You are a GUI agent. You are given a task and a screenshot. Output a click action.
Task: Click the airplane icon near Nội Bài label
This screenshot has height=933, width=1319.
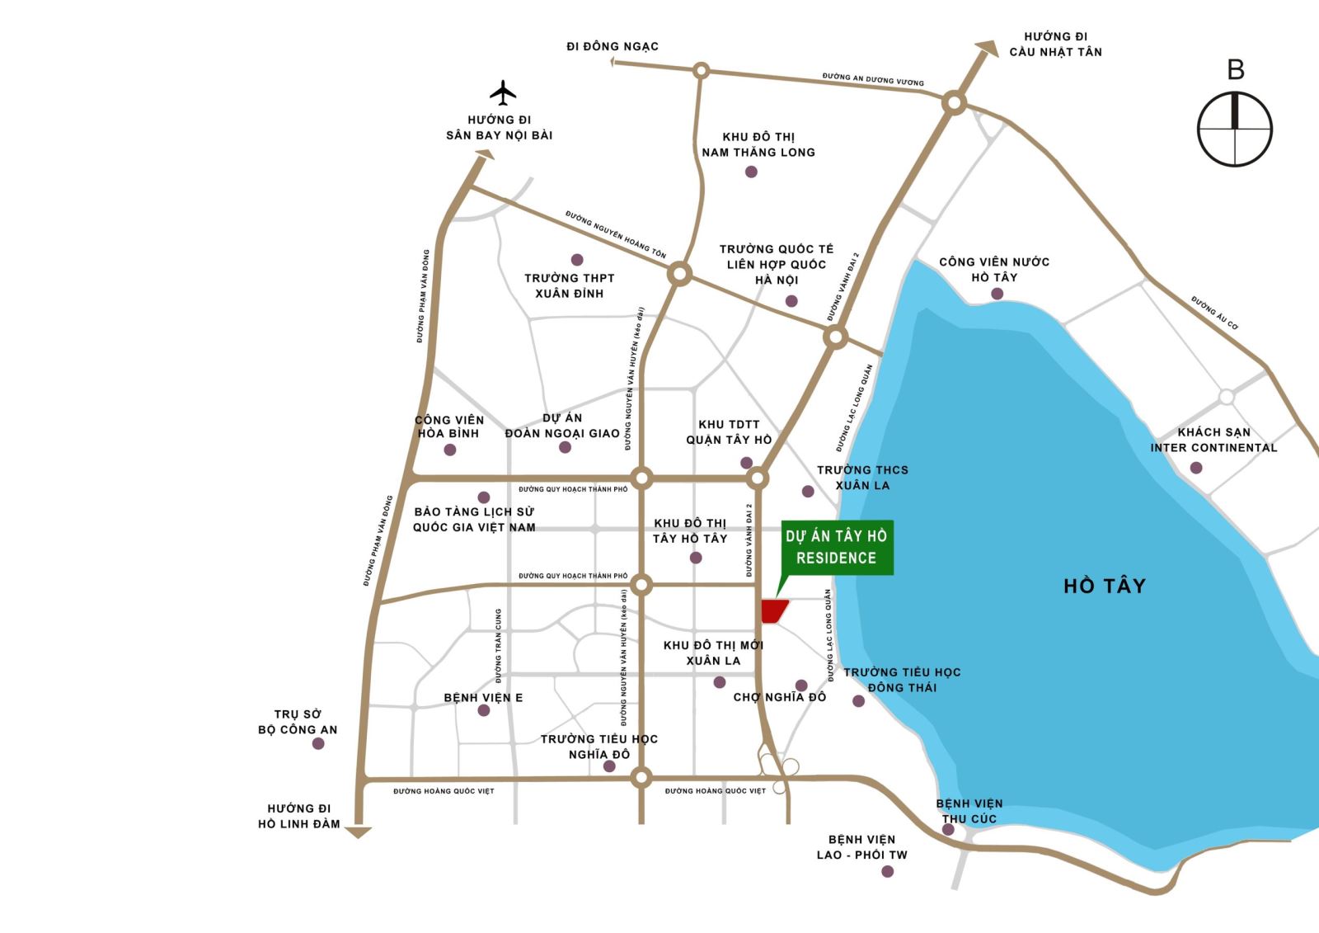502,92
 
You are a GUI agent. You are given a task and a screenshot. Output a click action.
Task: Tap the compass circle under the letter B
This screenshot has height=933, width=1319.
1234,130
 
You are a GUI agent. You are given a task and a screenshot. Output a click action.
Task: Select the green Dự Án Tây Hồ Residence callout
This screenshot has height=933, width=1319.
836,547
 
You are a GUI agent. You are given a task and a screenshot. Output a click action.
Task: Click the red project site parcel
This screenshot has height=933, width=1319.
773,611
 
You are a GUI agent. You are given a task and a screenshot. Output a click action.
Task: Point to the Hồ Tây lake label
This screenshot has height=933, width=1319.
1104,586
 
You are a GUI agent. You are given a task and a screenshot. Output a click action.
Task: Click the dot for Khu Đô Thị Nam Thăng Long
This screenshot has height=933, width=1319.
751,172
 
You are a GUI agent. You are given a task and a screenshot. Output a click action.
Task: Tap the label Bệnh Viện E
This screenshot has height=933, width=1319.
483,698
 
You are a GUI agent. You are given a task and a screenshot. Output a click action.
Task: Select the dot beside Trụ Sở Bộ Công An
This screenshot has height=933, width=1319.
318,743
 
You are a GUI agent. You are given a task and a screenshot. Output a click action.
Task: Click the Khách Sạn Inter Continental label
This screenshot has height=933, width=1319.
1213,440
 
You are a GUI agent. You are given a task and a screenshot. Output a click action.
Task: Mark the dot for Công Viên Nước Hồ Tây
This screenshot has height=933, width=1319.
997,294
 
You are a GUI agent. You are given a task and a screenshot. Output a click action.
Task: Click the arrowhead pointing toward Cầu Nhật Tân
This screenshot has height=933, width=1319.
984,49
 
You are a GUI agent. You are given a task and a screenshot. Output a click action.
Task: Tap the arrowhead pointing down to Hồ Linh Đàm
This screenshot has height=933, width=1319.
359,832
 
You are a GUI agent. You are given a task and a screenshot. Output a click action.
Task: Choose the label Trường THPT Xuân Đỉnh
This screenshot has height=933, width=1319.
570,285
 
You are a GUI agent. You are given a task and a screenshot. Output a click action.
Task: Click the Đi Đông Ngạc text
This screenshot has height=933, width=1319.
613,46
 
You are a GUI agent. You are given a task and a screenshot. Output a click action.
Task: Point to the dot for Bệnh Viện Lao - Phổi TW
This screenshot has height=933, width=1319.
887,871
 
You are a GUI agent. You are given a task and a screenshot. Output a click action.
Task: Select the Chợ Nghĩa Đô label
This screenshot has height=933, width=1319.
779,698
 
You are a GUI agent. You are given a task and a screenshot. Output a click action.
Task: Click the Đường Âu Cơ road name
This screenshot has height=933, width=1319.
1214,313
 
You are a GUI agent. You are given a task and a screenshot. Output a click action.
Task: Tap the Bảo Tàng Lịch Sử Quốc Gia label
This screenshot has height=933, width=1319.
474,520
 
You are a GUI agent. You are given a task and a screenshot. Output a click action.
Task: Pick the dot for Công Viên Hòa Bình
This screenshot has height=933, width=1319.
450,450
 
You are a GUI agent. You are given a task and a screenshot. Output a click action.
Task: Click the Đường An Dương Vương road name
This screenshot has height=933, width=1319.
872,79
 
